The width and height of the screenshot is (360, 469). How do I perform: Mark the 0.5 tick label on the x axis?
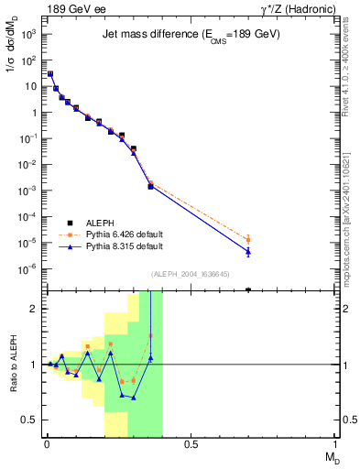[191, 444]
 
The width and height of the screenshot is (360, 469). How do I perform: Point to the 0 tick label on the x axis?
[45, 444]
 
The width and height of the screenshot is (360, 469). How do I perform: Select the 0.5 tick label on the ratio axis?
[32, 420]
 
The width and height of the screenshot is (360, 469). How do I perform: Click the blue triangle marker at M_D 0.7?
[248, 251]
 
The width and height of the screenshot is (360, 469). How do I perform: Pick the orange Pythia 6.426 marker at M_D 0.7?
[248, 240]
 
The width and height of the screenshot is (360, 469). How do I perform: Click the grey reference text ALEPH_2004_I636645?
[191, 275]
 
